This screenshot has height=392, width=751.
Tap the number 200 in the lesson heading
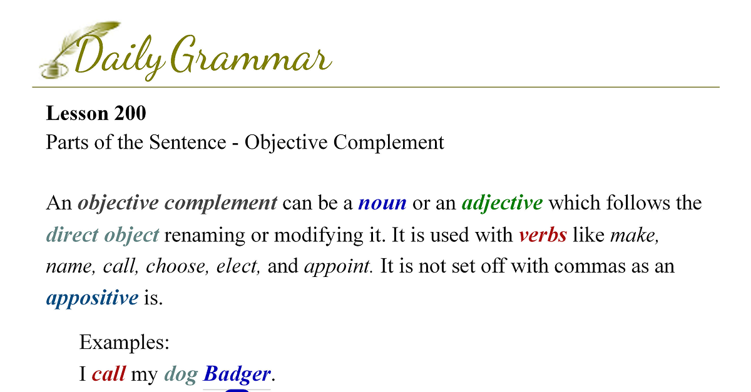[x=130, y=113]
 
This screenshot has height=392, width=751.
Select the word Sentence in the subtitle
[x=188, y=142]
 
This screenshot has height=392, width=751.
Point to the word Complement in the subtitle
[x=389, y=143]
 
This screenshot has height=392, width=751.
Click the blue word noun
[x=382, y=203]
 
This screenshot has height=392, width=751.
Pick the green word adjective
[x=502, y=203]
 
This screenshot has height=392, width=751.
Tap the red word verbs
[x=543, y=235]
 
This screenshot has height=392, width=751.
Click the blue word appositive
[x=92, y=298]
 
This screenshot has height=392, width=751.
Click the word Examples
[x=125, y=342]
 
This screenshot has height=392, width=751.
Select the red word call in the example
[x=109, y=374]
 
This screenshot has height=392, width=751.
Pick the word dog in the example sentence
[x=181, y=374]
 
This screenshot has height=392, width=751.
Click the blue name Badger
[x=237, y=374]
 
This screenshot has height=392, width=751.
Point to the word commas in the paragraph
[x=590, y=267]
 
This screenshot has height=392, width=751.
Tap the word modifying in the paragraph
[x=319, y=236]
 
